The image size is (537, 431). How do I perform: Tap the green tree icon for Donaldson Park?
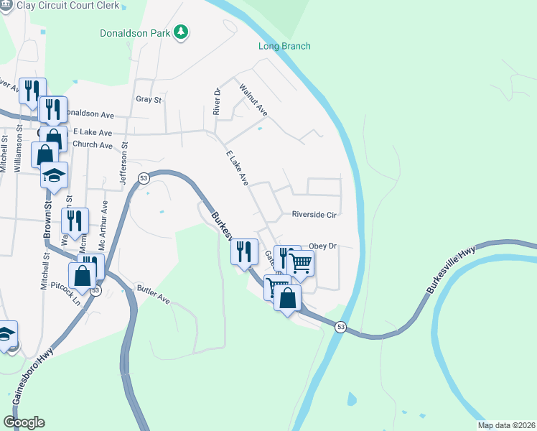pyautogui.click(x=182, y=32)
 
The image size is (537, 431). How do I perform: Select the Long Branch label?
pyautogui.click(x=284, y=47)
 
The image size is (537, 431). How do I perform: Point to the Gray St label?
pyautogui.click(x=149, y=100)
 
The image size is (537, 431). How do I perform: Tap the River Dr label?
pyautogui.click(x=216, y=101)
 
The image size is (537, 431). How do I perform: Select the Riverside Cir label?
pyautogui.click(x=314, y=214)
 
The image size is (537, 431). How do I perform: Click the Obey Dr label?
pyautogui.click(x=322, y=246)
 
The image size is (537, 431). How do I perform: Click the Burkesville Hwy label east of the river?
pyautogui.click(x=451, y=270)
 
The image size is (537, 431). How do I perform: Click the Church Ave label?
pyautogui.click(x=93, y=145)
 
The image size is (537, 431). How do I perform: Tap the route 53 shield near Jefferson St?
pyautogui.click(x=144, y=178)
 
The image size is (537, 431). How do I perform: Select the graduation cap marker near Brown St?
pyautogui.click(x=54, y=176)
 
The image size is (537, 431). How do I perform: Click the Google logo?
pyautogui.click(x=24, y=422)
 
